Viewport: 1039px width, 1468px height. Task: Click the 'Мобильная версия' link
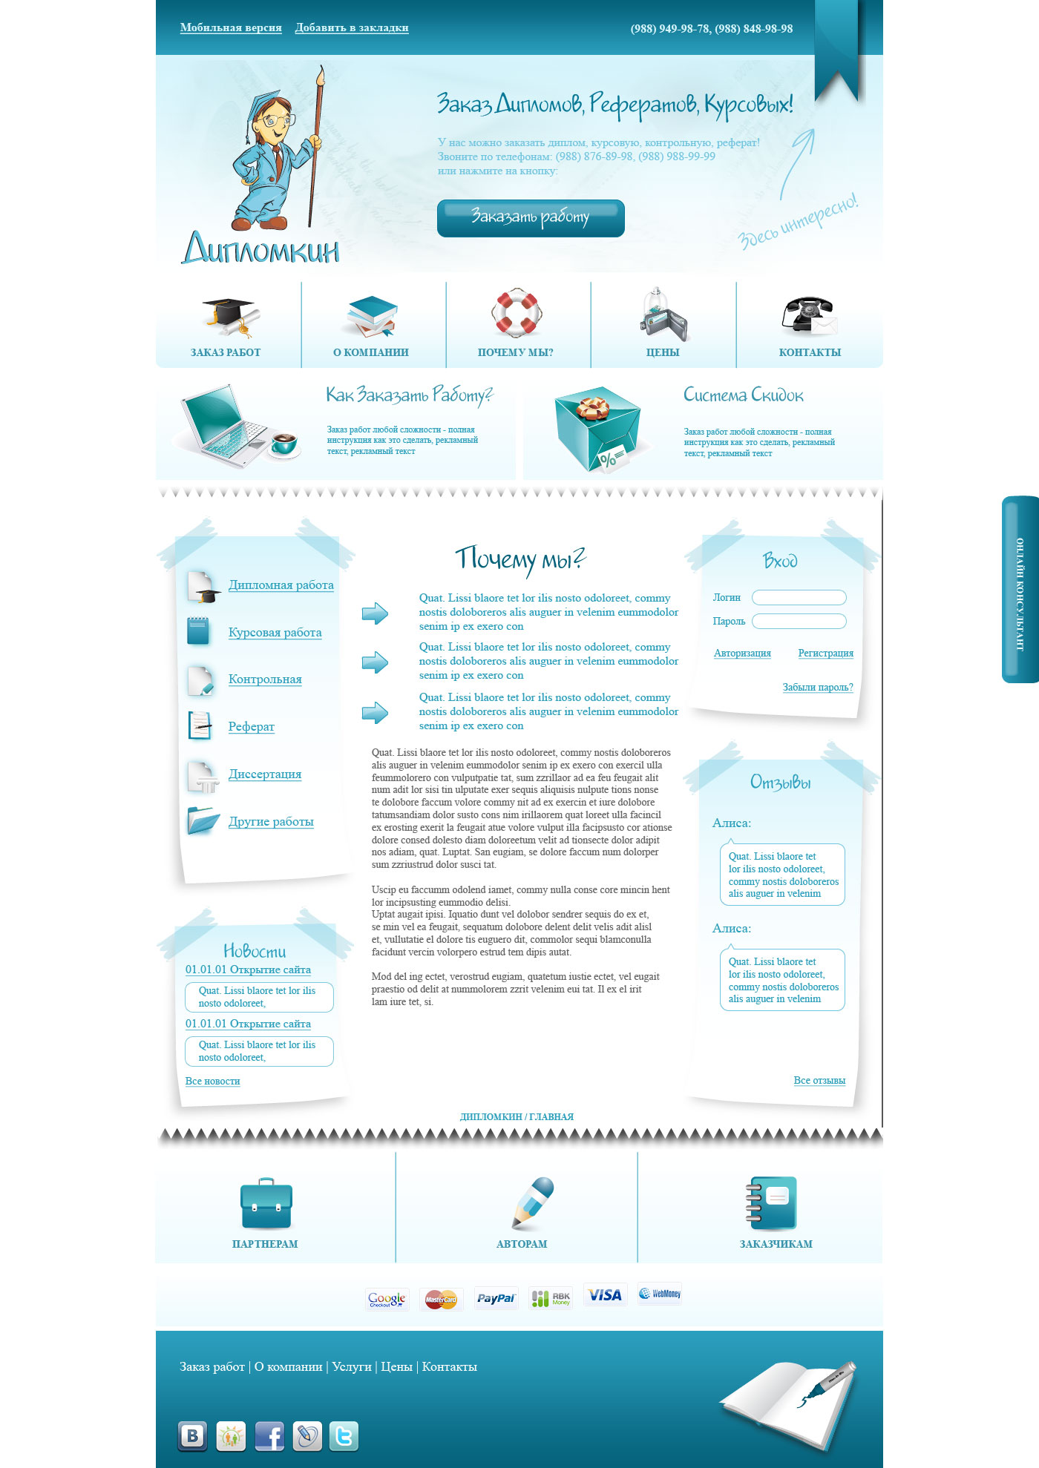coord(231,28)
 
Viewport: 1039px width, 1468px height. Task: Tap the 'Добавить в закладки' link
coord(352,28)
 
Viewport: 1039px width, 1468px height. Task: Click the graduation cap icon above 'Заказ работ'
coord(228,315)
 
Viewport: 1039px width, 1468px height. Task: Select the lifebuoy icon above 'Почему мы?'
coord(517,313)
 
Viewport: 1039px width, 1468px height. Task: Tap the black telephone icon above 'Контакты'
coord(808,315)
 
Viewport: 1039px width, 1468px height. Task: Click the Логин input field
coord(799,598)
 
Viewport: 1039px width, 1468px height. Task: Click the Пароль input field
coord(799,622)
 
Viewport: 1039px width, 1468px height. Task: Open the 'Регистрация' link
coord(825,654)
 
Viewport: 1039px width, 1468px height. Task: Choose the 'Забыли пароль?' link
coord(817,688)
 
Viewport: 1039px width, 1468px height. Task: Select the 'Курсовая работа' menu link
coord(275,633)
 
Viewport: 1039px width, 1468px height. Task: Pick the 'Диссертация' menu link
coord(264,774)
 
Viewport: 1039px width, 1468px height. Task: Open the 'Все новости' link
coord(212,1082)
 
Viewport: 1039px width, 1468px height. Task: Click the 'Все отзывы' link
coord(819,1081)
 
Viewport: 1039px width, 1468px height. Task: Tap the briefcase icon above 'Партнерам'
coord(266,1203)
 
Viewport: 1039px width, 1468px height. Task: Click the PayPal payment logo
coord(496,1298)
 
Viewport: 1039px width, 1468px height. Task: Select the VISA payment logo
coord(605,1295)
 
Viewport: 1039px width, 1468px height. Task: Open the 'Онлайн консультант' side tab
coord(1020,590)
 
